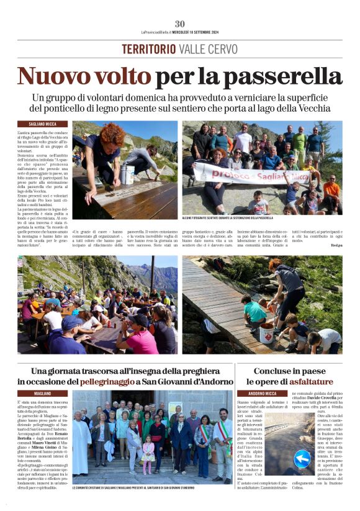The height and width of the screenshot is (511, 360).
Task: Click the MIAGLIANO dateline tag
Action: [43, 394]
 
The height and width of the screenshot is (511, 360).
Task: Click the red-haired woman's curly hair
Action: [114, 133]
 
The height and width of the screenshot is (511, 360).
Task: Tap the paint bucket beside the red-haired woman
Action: [128, 174]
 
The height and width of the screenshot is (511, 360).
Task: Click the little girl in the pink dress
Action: [148, 454]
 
